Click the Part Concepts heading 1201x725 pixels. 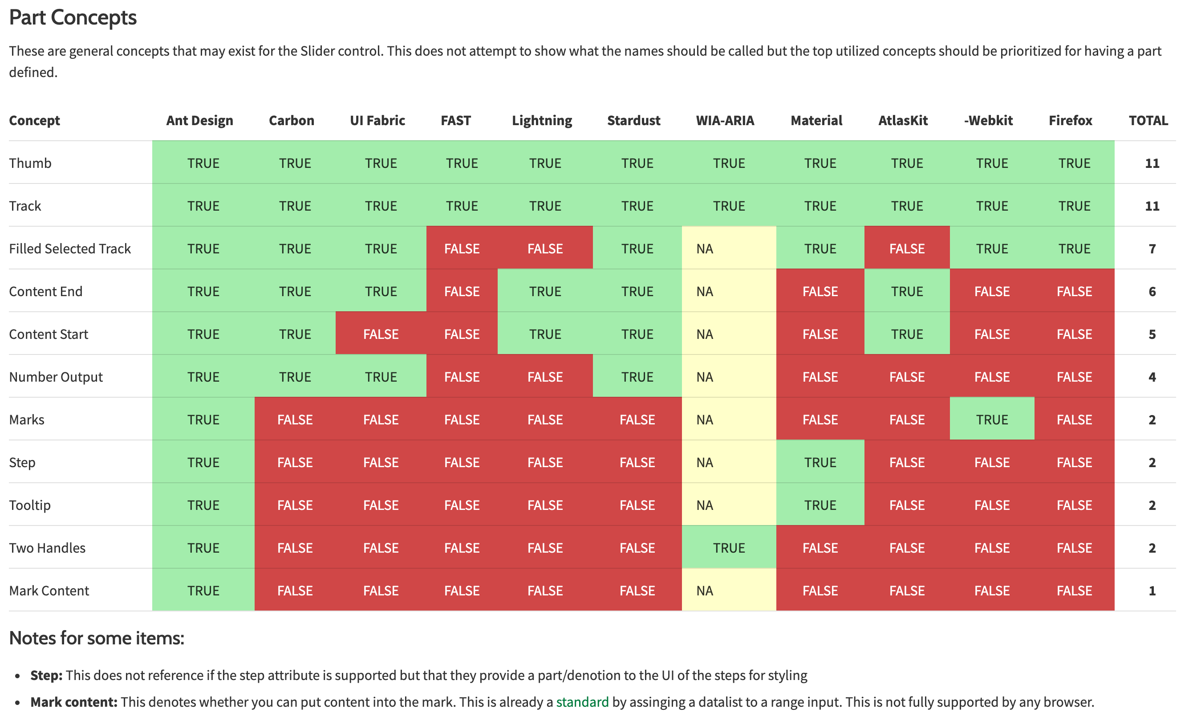tap(73, 17)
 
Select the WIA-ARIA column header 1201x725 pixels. tap(725, 120)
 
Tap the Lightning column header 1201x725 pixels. tap(542, 120)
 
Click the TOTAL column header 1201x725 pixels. tap(1148, 120)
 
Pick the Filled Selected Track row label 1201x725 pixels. tap(70, 248)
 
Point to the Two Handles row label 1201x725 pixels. tap(47, 548)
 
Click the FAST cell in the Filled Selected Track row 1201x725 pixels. tap(462, 248)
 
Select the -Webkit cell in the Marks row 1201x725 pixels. tap(991, 420)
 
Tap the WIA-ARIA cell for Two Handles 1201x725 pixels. tap(729, 548)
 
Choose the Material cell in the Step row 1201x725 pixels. tap(820, 462)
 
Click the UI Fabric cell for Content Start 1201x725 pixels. tap(381, 334)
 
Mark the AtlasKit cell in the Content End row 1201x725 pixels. tap(907, 292)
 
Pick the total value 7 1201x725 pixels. tap(1152, 248)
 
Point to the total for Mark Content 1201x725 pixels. tap(1152, 591)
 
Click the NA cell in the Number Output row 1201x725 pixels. tap(705, 377)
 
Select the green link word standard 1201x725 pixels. tap(582, 702)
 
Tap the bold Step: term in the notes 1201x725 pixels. tap(46, 675)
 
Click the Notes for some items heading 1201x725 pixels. tap(97, 638)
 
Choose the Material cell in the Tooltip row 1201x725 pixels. tap(820, 505)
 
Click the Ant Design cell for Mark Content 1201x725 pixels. tap(203, 591)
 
